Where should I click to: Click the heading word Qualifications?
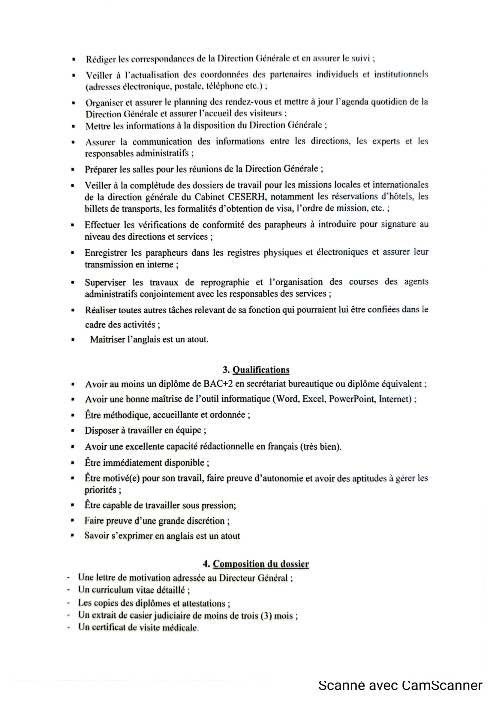pyautogui.click(x=261, y=370)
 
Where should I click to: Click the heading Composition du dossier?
pyautogui.click(x=261, y=564)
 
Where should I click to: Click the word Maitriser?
pyautogui.click(x=107, y=339)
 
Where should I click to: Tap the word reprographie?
pyautogui.click(x=225, y=282)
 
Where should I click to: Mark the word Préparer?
pyautogui.click(x=100, y=169)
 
